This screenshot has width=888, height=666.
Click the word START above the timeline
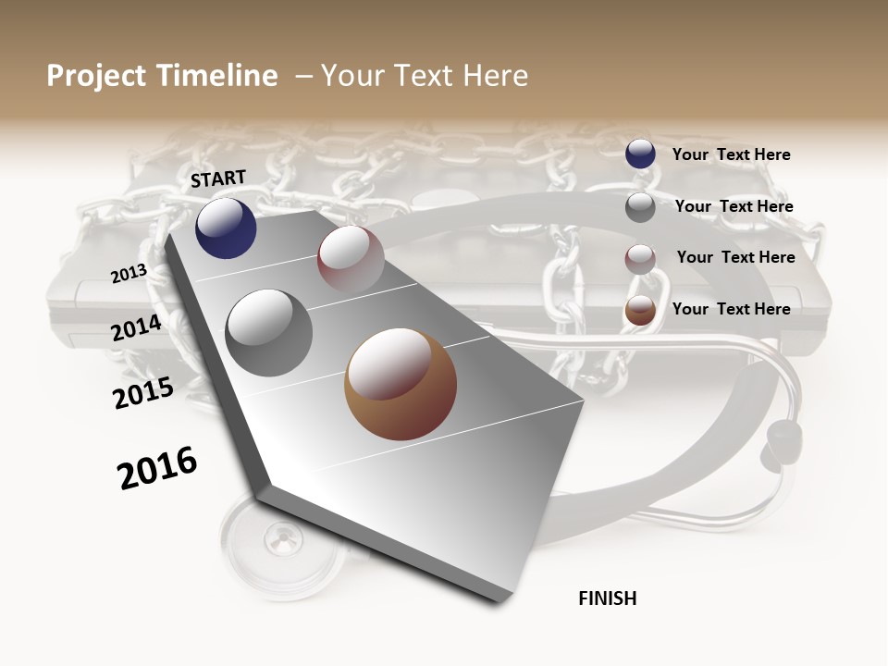[x=218, y=179]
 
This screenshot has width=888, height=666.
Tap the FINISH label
[x=608, y=598]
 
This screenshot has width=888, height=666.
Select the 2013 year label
[x=129, y=274]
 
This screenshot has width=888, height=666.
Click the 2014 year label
[x=136, y=327]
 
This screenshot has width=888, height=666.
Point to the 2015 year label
[x=143, y=393]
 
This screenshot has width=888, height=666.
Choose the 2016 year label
[x=157, y=468]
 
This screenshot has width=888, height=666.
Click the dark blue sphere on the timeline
[x=226, y=228]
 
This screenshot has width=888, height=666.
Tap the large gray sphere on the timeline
[x=269, y=333]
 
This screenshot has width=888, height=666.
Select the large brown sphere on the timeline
[x=401, y=384]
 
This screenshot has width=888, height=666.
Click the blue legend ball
[x=640, y=154]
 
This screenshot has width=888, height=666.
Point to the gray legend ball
[x=640, y=207]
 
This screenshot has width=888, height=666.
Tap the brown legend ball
[x=640, y=311]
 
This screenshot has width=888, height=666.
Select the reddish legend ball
[x=640, y=259]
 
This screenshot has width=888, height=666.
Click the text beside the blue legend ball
[x=732, y=154]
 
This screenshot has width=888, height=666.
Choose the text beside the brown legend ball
[x=732, y=309]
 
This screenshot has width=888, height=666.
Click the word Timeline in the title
[x=218, y=76]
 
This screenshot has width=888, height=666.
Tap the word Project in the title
[x=97, y=76]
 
